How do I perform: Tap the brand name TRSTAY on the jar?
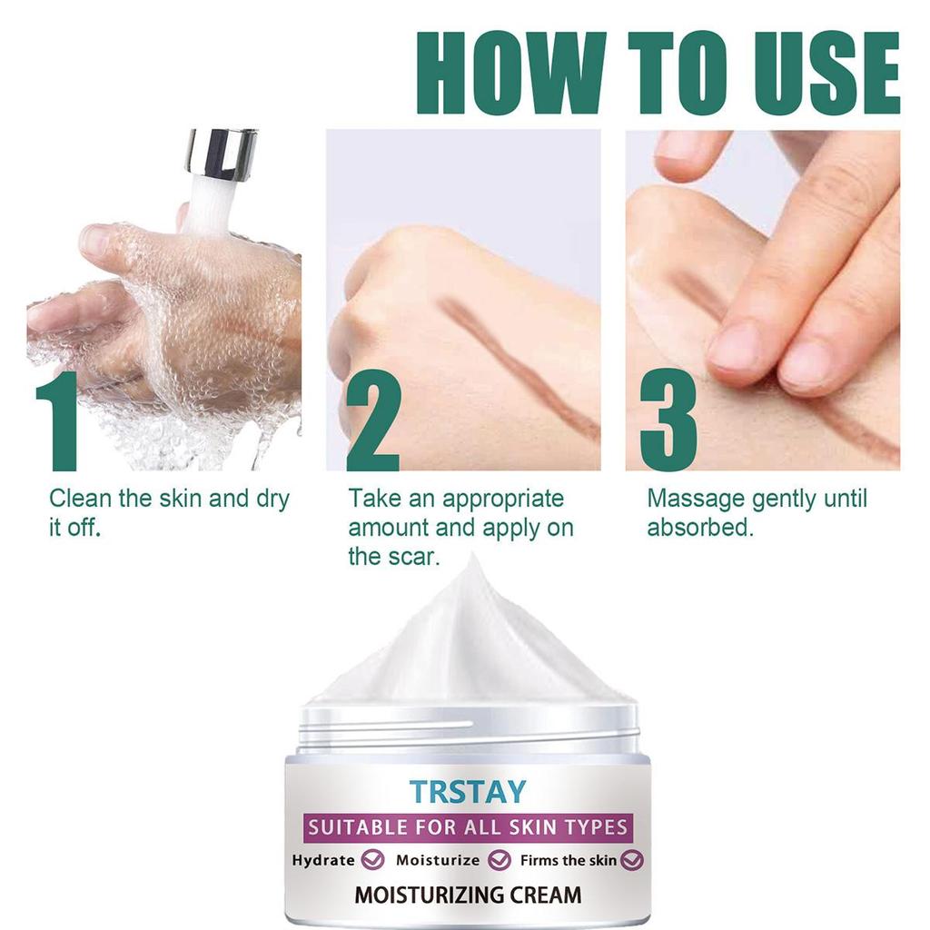tap(467, 791)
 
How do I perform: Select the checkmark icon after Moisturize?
tap(498, 859)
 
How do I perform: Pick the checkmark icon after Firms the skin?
tap(632, 859)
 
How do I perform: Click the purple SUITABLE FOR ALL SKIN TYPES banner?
tap(467, 827)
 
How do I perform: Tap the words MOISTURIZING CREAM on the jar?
tap(467, 895)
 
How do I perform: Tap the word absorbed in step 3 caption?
tap(699, 528)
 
